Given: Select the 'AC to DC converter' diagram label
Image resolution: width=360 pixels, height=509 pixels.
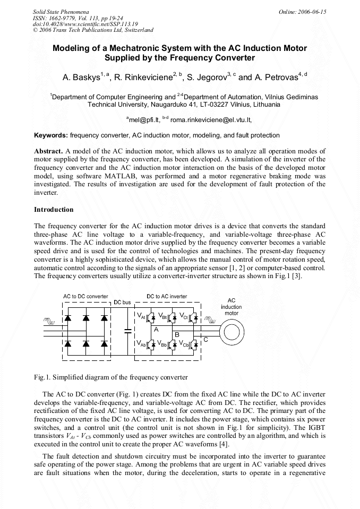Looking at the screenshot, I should [x=85, y=296].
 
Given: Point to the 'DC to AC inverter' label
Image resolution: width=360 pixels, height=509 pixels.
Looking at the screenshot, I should [x=167, y=296].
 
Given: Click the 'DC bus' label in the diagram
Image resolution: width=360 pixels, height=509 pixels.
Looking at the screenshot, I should [x=122, y=303].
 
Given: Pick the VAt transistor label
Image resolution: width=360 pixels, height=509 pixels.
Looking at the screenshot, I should [x=141, y=316].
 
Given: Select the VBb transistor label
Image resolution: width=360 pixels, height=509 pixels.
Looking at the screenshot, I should [x=162, y=343].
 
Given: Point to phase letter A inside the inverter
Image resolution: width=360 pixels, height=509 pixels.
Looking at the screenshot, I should [x=156, y=329].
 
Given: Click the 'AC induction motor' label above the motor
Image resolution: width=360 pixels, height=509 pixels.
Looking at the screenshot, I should [x=231, y=307].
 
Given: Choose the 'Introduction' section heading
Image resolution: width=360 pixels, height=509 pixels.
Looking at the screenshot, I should [x=54, y=210].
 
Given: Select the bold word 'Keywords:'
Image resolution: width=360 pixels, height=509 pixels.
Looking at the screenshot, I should [x=51, y=135].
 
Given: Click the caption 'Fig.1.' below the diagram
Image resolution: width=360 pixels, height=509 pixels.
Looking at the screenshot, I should [x=42, y=377].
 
